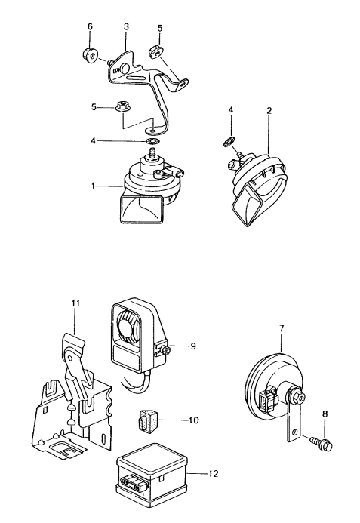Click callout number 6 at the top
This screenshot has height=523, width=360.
(x=90, y=26)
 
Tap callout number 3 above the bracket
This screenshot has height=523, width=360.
(x=126, y=26)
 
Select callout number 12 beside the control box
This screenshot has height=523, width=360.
(x=213, y=473)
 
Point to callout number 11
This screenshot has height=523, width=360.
(x=75, y=303)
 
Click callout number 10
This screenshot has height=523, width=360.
(x=193, y=420)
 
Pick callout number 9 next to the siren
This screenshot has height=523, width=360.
(x=193, y=346)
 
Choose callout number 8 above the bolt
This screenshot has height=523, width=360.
(x=325, y=414)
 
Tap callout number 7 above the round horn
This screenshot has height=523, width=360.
(x=282, y=328)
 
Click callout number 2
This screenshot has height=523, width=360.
(x=269, y=110)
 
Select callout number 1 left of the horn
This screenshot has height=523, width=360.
(x=94, y=186)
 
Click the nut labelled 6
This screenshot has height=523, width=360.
(x=89, y=54)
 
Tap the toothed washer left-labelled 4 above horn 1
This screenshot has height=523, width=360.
(x=154, y=141)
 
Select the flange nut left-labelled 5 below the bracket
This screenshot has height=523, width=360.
(x=123, y=107)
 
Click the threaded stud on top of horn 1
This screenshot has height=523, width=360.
(x=153, y=155)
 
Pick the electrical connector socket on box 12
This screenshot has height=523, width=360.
(x=131, y=484)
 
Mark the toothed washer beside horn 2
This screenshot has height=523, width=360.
(x=229, y=142)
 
